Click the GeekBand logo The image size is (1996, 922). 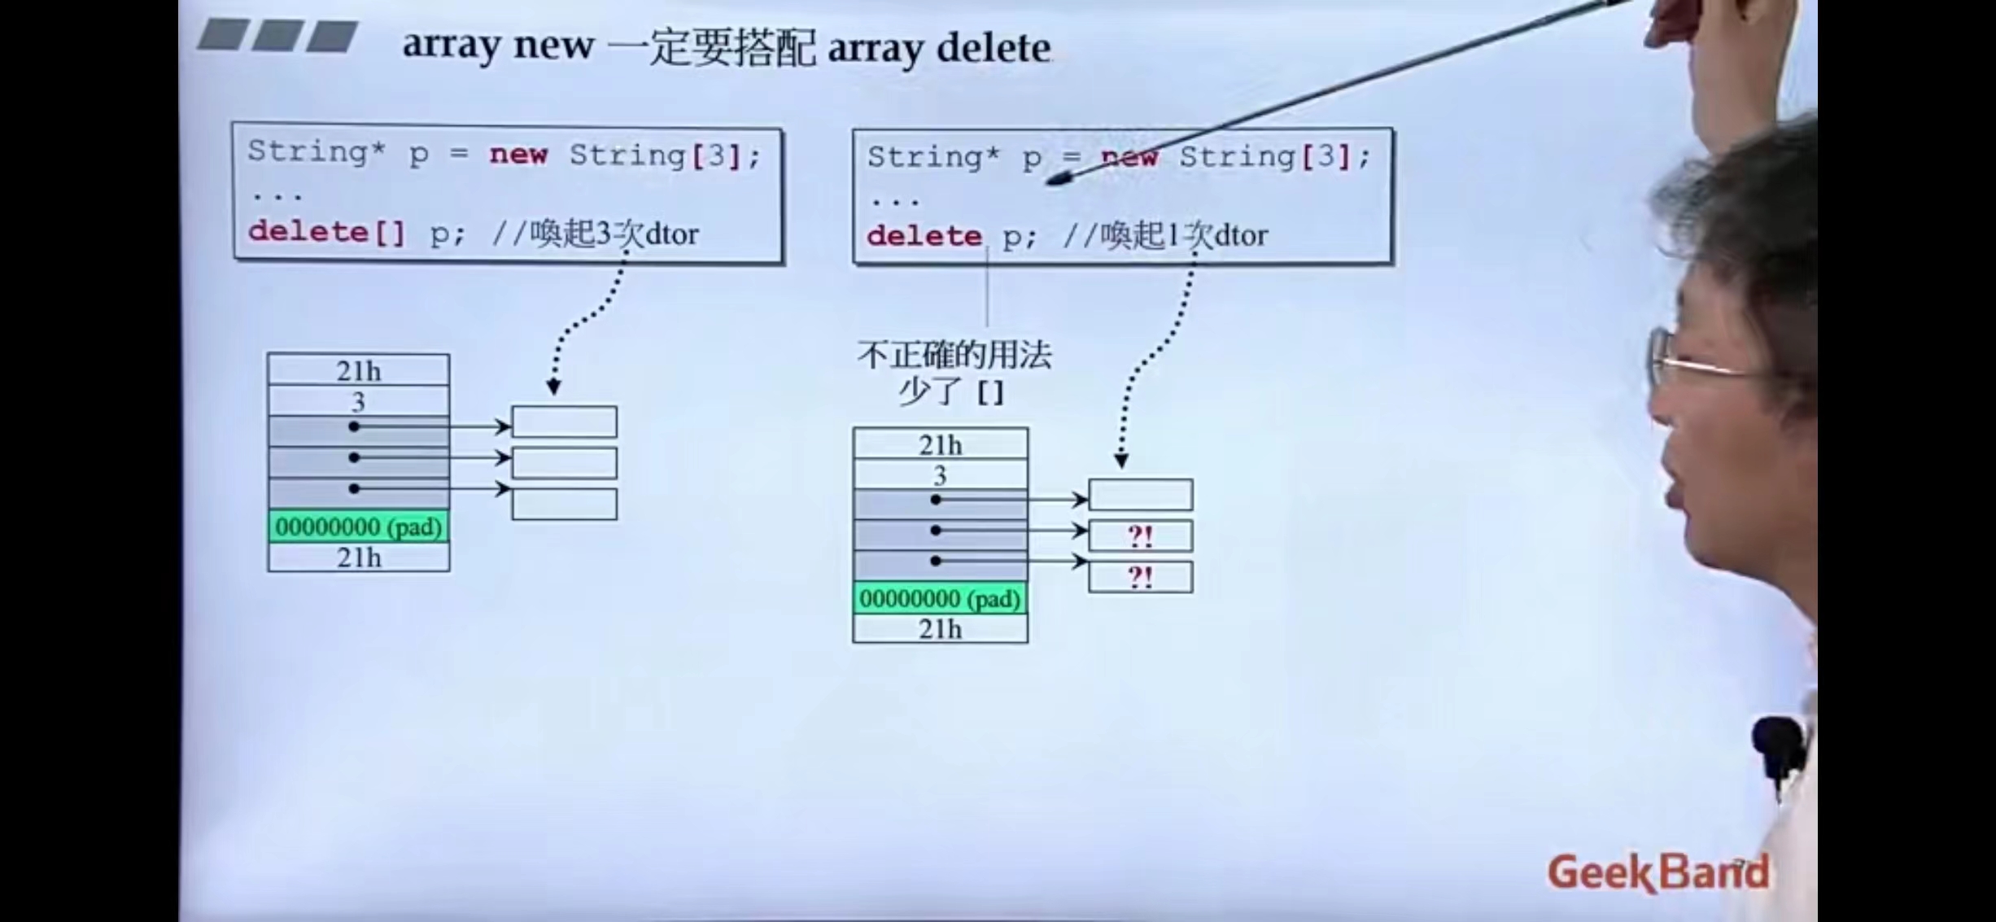(x=1658, y=872)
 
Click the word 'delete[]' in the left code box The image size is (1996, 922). (x=326, y=233)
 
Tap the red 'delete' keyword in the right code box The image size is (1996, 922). (x=924, y=236)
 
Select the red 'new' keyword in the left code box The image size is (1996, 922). (x=518, y=154)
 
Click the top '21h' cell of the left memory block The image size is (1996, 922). (x=358, y=370)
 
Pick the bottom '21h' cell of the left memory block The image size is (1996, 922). (x=358, y=557)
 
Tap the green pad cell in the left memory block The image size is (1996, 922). (x=358, y=527)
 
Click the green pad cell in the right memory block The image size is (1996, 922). (x=940, y=599)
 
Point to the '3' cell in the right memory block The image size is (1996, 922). (x=940, y=474)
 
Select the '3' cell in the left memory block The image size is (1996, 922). (x=358, y=401)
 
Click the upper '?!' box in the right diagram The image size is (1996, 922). (x=1140, y=536)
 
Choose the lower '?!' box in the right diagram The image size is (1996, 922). (x=1140, y=577)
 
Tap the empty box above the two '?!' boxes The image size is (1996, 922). (x=1140, y=495)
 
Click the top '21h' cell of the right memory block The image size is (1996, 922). (x=940, y=444)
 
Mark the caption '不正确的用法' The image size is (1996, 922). (x=954, y=356)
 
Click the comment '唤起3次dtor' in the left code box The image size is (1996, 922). (x=614, y=234)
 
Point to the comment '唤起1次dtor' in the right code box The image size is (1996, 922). (x=1183, y=236)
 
